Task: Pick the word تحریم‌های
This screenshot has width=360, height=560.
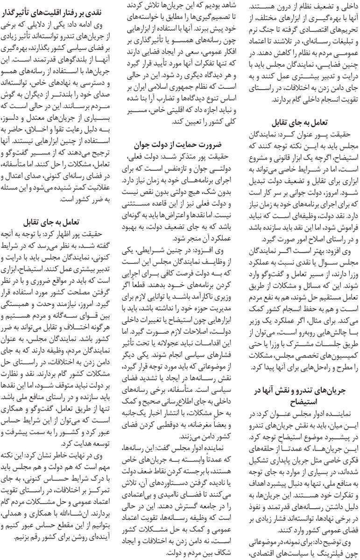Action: tap(331, 29)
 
